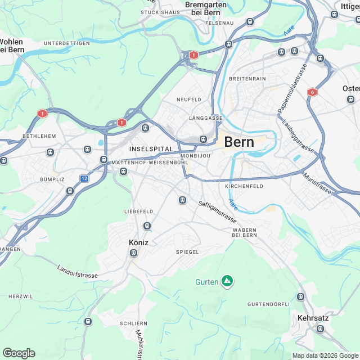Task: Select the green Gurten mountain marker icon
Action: (x=227, y=281)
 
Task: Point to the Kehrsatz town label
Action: (x=313, y=318)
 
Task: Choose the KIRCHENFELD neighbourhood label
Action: (x=244, y=186)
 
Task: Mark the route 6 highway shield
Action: (x=312, y=92)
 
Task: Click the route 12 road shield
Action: (x=84, y=178)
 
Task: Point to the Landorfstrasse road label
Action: (x=78, y=272)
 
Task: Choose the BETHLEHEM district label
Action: (x=39, y=136)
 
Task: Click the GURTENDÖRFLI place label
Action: (x=266, y=304)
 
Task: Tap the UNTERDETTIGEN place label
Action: (x=67, y=43)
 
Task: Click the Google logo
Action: (x=19, y=353)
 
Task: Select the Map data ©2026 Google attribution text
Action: (x=325, y=355)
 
